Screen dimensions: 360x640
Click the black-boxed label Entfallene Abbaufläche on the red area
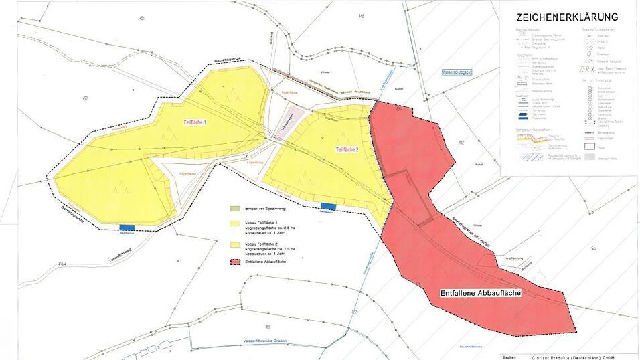click(x=481, y=293)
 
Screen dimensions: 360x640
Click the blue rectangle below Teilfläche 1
click(x=127, y=227)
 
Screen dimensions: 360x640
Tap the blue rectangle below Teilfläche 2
click(x=328, y=206)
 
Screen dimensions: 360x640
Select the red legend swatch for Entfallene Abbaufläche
click(x=234, y=262)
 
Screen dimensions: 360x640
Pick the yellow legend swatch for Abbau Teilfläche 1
click(x=234, y=223)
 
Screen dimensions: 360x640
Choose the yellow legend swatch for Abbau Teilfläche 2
click(x=234, y=244)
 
